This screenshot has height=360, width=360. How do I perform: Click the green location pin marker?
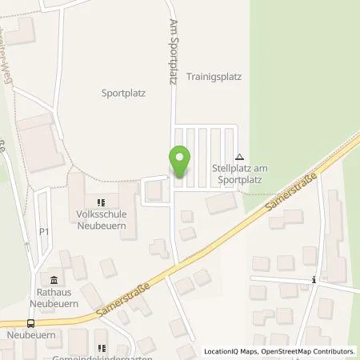coord(182,162)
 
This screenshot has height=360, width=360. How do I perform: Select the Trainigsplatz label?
coord(214,78)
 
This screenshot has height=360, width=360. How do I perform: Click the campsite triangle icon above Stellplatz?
coord(239,157)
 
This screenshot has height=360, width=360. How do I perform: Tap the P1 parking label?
coord(44,232)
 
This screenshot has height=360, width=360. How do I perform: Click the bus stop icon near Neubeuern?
coord(30,323)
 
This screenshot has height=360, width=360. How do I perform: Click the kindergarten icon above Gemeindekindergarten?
coord(102,347)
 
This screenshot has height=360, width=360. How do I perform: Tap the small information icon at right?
coord(314,280)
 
